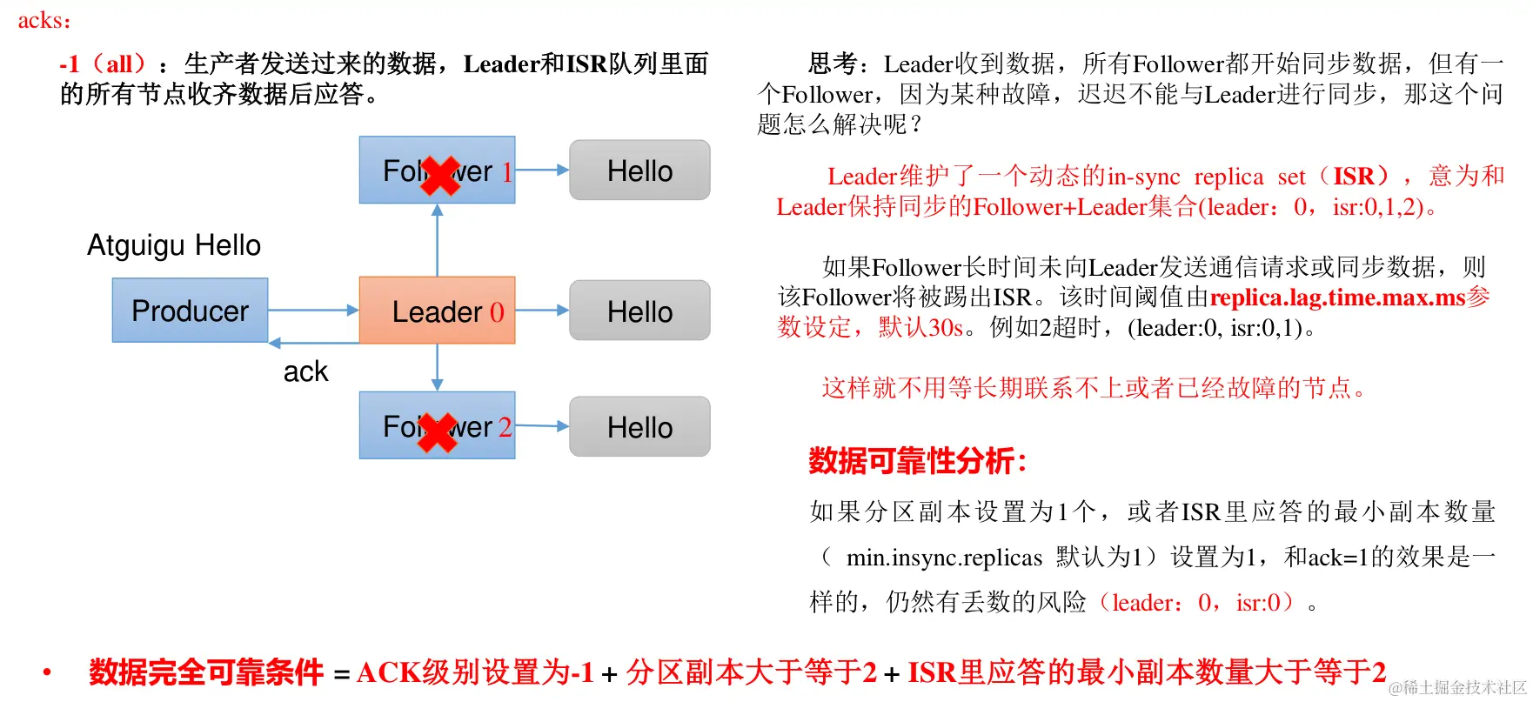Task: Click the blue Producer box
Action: click(x=190, y=311)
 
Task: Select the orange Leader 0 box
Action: click(x=437, y=311)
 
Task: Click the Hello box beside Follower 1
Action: click(x=639, y=170)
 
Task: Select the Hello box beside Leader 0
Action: click(x=639, y=311)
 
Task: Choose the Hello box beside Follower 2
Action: click(x=639, y=427)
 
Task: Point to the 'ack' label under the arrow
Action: click(x=305, y=371)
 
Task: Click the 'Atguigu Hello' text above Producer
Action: click(x=174, y=245)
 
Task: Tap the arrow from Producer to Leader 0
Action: click(x=313, y=310)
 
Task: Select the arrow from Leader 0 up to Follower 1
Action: click(x=437, y=240)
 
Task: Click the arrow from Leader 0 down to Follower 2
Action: click(x=437, y=367)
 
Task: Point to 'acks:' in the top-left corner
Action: click(x=44, y=20)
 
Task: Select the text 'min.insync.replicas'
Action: click(x=944, y=557)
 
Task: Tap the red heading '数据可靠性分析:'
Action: click(x=918, y=460)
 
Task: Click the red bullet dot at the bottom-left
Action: click(x=47, y=672)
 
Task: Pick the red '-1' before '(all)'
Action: click(x=69, y=64)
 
